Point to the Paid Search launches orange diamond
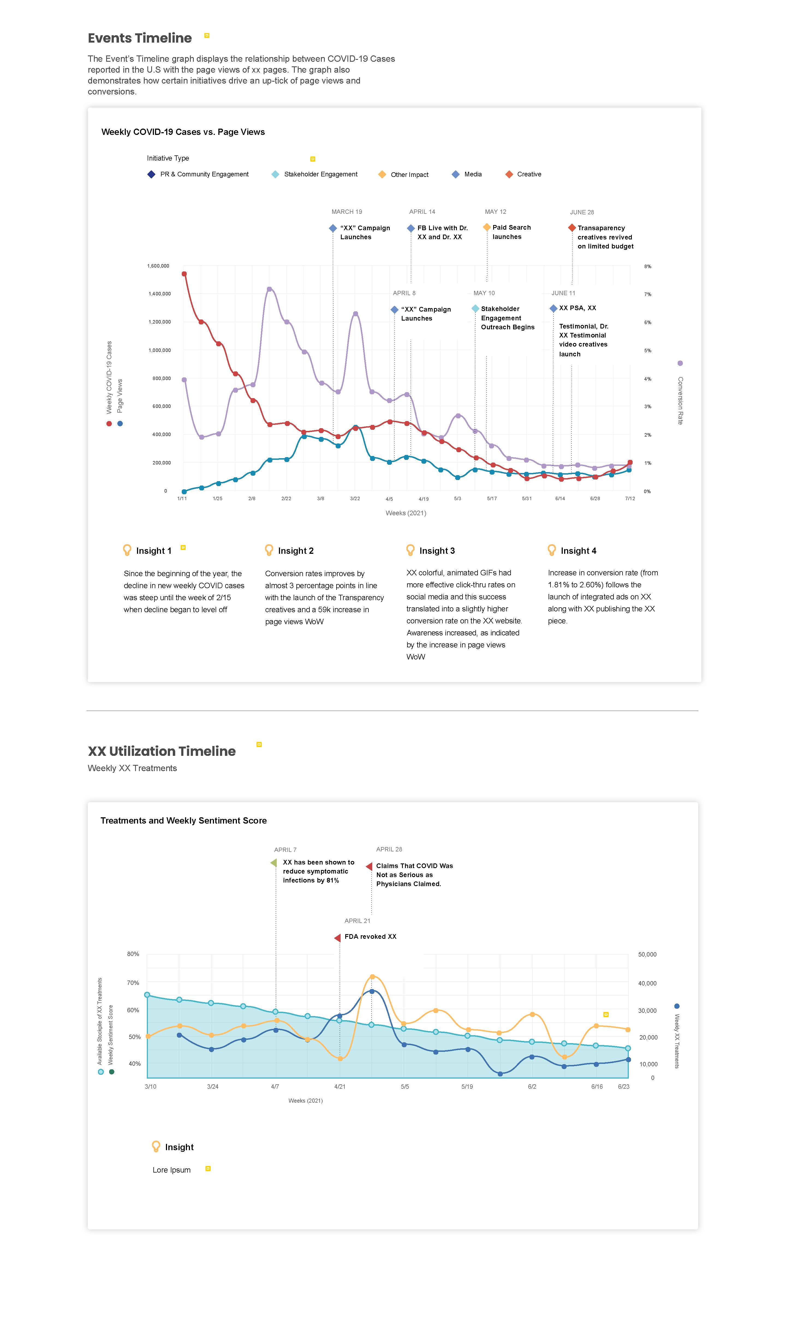[486, 227]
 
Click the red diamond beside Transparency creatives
[571, 228]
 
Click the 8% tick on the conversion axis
[647, 267]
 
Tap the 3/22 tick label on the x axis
[355, 499]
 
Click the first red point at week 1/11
[184, 274]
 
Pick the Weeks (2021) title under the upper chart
[406, 513]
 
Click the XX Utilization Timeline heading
[162, 751]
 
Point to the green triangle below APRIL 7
[273, 863]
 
